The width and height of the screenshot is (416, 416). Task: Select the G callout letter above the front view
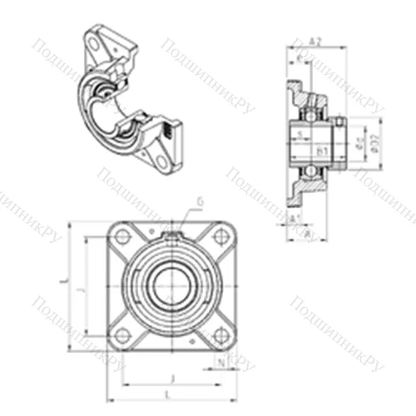click(200, 200)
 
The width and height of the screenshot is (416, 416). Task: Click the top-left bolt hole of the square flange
click(123, 237)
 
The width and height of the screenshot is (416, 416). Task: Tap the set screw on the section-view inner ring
click(339, 126)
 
